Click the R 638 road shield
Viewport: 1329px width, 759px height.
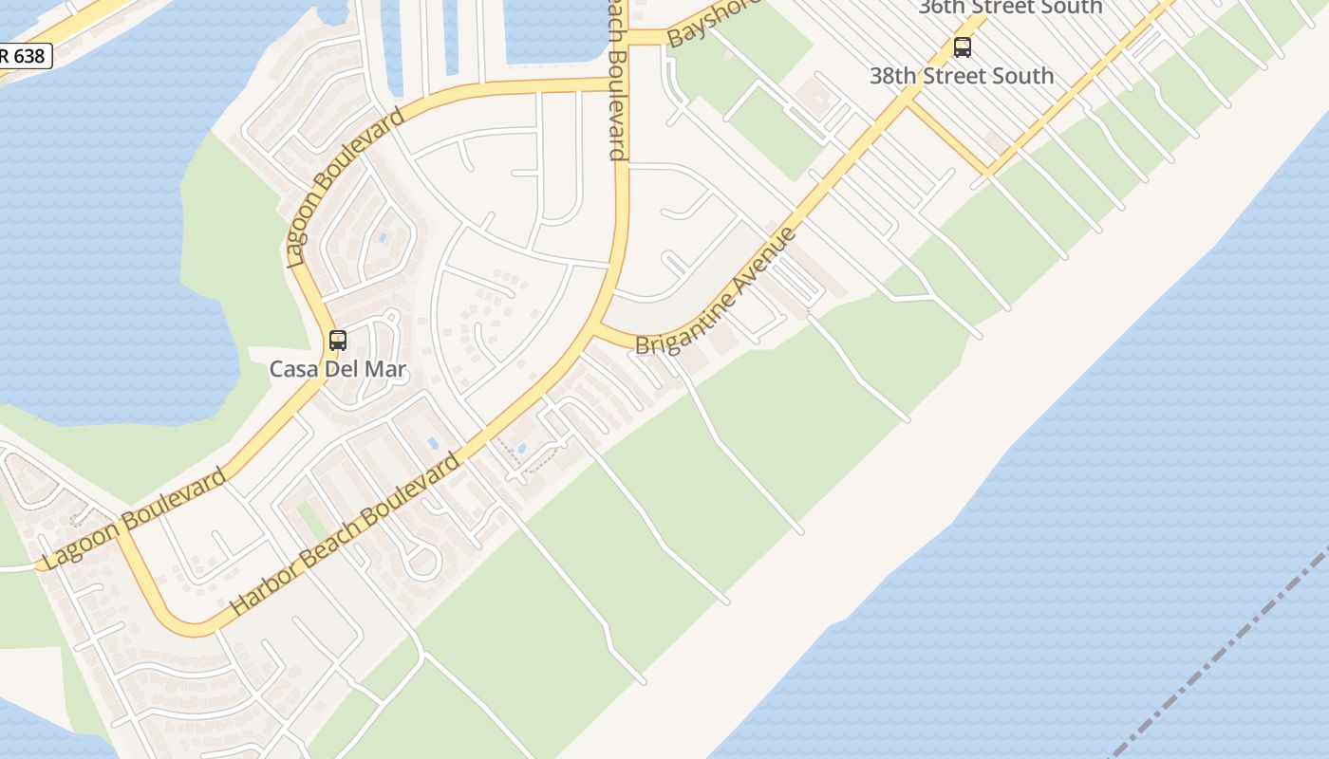point(23,56)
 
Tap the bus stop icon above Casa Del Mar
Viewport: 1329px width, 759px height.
point(337,340)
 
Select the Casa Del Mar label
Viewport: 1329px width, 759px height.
point(337,369)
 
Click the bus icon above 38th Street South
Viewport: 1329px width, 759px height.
point(962,47)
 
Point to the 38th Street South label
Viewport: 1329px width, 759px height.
point(962,76)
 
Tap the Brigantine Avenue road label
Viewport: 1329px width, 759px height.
point(716,292)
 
